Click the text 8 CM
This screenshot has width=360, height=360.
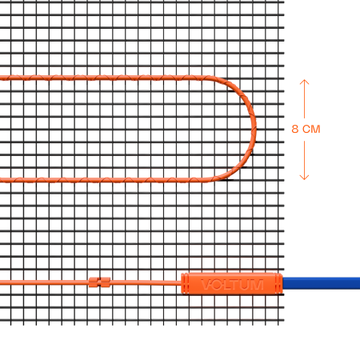[x=306, y=129]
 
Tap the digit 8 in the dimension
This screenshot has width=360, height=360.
[x=294, y=129]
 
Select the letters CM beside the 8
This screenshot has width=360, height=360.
[x=311, y=129]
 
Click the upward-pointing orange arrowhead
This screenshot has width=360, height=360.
[x=304, y=82]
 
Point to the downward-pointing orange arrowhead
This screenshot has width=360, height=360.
[x=304, y=178]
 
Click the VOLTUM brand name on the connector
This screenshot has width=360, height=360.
[x=232, y=285]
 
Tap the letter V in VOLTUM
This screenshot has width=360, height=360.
[x=206, y=285]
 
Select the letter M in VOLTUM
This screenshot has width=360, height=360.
[x=258, y=285]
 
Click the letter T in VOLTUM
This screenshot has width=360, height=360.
[x=234, y=285]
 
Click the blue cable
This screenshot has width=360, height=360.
[x=322, y=283]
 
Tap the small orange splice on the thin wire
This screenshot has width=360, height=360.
[x=99, y=282]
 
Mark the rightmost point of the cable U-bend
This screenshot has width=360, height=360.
[x=256, y=129]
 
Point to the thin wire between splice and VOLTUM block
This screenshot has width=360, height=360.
[x=146, y=282]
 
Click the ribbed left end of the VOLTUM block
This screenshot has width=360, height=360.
[x=185, y=283]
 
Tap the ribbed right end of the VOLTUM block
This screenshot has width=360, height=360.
[x=279, y=283]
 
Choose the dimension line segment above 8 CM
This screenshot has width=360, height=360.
[x=304, y=98]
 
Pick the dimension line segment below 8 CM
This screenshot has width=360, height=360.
[x=304, y=161]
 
